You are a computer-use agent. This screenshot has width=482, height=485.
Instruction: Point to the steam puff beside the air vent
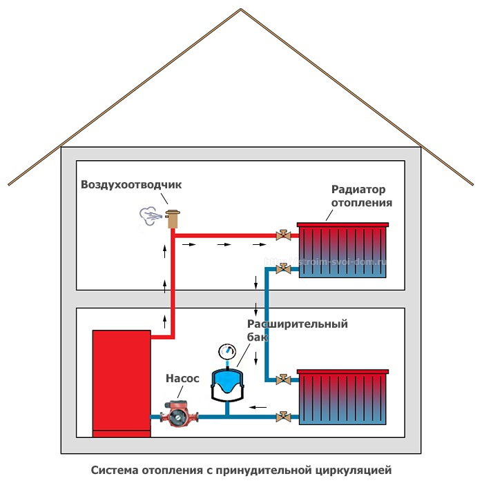tap(150, 216)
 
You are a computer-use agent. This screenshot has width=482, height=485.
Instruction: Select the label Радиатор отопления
tap(361, 196)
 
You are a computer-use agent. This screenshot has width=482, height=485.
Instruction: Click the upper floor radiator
tap(342, 250)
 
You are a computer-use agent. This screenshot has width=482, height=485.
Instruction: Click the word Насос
tap(182, 378)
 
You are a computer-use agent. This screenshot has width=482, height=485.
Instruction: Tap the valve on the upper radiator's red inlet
tap(281, 236)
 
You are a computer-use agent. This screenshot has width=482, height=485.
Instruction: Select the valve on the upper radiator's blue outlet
tap(281, 268)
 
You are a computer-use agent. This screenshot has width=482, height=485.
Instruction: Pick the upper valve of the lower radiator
tap(282, 379)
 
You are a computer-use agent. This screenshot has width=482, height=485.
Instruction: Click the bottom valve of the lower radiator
tap(282, 416)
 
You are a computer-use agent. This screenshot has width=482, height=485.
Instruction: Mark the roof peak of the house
tap(241, 9)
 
